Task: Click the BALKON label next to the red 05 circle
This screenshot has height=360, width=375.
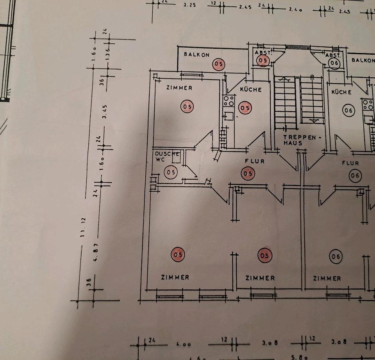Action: tap(197, 55)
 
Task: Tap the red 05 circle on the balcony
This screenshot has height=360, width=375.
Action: tap(219, 64)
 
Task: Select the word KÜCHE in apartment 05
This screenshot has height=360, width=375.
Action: tap(251, 89)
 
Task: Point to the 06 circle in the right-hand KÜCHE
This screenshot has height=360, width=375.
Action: tap(348, 111)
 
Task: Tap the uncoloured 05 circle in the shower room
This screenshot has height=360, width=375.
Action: tap(170, 172)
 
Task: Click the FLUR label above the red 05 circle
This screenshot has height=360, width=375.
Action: tap(254, 161)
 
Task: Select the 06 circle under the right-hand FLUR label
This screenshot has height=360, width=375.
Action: tap(355, 176)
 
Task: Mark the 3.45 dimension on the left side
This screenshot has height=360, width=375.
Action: tap(104, 112)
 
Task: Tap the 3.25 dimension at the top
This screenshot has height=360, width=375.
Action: tap(189, 6)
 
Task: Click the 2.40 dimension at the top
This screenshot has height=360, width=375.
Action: tap(296, 10)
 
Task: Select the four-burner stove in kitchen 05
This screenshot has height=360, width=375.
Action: tap(229, 101)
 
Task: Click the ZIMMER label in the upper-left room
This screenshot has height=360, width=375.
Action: tap(179, 88)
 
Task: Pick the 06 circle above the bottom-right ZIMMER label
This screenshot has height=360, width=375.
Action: tap(336, 257)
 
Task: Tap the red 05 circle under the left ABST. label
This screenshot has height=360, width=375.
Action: tap(263, 61)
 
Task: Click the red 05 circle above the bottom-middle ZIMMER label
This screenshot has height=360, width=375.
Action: tap(265, 256)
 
